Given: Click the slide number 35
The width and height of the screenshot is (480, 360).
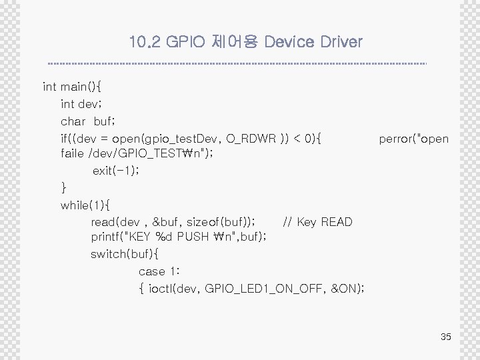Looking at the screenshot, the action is (446, 337).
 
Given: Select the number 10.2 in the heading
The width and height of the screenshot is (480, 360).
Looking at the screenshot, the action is (145, 43).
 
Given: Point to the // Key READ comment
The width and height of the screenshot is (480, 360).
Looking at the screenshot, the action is (317, 221).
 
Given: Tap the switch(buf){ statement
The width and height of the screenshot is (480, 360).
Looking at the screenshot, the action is (125, 254).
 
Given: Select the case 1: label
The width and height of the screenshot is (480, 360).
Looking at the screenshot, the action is (155, 271).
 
